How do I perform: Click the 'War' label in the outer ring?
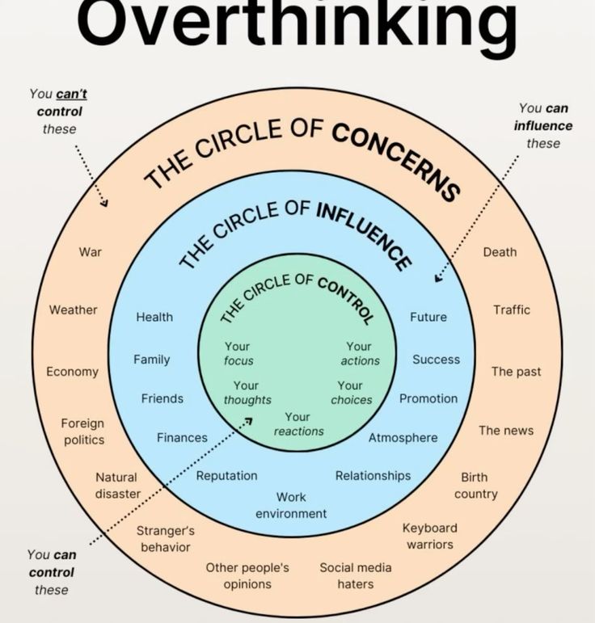(91, 252)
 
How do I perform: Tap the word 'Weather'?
(73, 310)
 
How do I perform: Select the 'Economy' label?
(72, 372)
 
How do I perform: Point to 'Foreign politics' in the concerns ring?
(83, 431)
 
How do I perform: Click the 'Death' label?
(500, 252)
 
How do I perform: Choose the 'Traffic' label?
(512, 309)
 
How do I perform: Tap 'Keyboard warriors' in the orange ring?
(430, 536)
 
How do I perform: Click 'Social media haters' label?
(355, 575)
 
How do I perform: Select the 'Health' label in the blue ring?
(154, 317)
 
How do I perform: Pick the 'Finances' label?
(182, 437)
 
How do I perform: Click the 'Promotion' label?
(428, 398)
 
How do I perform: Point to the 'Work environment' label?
(291, 505)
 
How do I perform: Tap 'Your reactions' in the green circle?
(297, 424)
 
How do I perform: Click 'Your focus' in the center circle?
(238, 353)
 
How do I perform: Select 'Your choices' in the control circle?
(351, 392)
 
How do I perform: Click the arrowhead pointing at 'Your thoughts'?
(248, 420)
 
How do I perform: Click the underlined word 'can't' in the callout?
(71, 95)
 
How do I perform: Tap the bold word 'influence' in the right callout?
(542, 125)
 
